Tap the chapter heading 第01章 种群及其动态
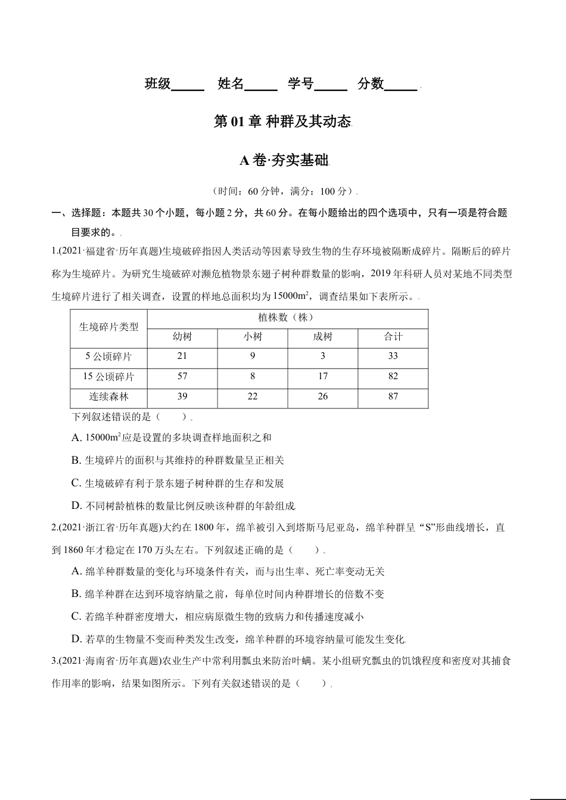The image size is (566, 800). point(282,122)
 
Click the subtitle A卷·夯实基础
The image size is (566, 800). point(283,161)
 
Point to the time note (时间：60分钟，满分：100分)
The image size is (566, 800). point(284,192)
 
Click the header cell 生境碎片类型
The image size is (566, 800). point(108,327)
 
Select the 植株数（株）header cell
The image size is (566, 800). point(287,318)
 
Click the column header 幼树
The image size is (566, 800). point(182,337)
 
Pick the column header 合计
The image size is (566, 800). point(393,337)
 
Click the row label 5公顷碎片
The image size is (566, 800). point(108,357)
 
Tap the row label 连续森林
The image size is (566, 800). point(108,396)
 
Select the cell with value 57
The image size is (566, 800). point(182,376)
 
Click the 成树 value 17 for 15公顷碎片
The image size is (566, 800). point(322,376)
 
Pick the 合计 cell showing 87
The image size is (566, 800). point(393,396)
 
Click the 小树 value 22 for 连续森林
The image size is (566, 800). point(253,396)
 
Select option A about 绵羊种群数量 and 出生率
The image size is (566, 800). point(228,571)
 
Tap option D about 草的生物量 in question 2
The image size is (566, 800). point(238,639)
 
